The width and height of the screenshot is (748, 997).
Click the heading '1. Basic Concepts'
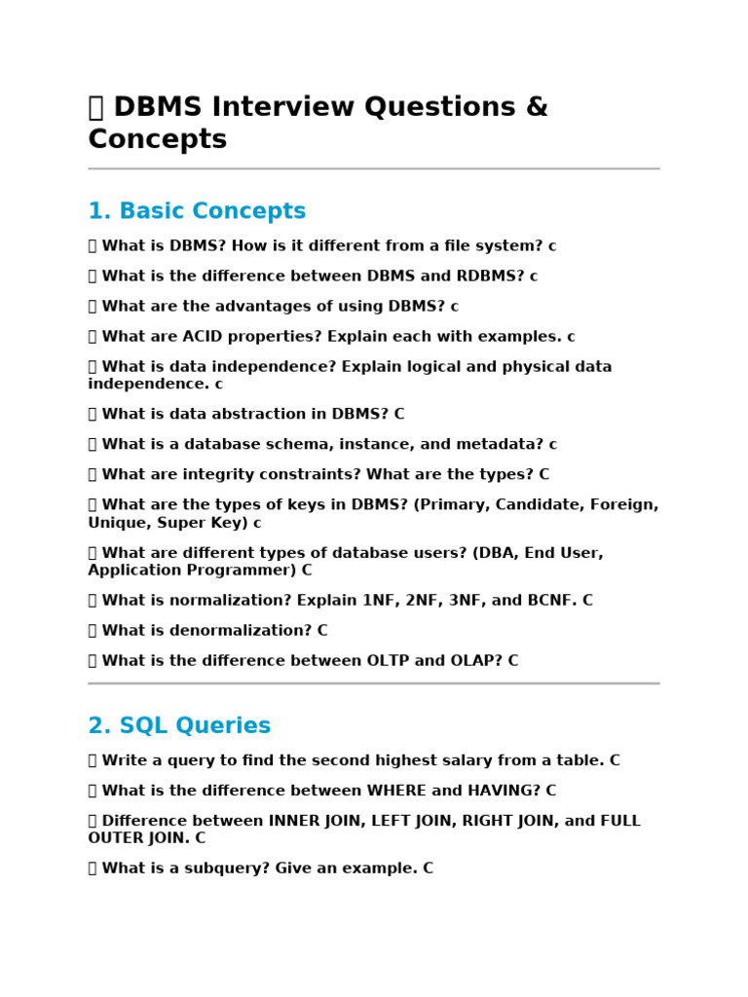pos(197,211)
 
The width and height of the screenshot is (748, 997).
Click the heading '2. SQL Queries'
pos(179,725)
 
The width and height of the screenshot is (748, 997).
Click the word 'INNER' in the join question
pos(294,821)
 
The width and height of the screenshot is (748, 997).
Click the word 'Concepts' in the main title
pos(157,139)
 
